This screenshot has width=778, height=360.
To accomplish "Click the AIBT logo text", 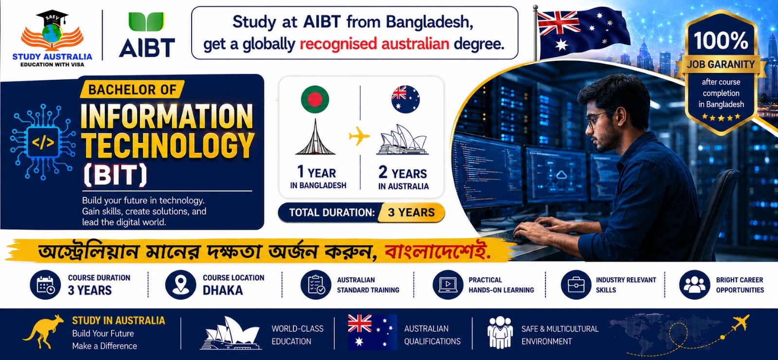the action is (147, 48).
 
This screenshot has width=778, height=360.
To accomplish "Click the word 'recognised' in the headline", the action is (338, 44).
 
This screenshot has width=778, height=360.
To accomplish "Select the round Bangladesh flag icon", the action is (315, 99).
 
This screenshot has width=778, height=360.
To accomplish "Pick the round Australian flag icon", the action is (406, 99).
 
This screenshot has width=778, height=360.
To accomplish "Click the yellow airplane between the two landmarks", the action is (359, 136).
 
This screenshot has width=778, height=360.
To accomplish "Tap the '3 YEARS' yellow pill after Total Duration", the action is (411, 212).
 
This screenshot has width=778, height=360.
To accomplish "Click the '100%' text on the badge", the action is (721, 41).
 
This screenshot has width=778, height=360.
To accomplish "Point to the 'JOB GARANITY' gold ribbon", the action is (721, 65).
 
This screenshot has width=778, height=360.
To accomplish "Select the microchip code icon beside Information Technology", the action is (43, 142).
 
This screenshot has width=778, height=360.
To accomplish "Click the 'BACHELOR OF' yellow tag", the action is (132, 90).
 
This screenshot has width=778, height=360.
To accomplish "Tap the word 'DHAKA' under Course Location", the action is (223, 290).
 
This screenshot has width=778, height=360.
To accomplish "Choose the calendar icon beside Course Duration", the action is (46, 285).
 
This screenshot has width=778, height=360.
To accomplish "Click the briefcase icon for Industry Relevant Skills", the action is (576, 285).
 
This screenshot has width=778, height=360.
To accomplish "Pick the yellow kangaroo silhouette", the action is (43, 332).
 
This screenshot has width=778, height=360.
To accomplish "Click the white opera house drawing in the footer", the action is (230, 334).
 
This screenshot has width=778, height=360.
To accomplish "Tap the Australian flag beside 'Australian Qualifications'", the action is (372, 332).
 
